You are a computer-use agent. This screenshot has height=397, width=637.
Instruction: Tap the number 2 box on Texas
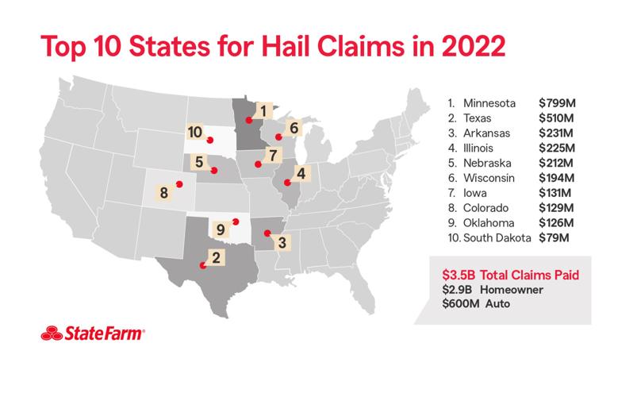(x=214, y=256)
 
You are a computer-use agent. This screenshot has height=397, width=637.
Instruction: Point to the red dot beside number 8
(x=179, y=184)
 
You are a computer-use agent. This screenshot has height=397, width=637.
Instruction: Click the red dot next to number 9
(x=235, y=222)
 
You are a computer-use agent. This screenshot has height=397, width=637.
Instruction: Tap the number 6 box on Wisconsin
(x=293, y=127)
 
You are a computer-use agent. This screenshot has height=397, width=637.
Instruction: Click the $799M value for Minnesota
(x=554, y=103)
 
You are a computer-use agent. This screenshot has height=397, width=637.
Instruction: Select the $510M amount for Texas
(x=554, y=118)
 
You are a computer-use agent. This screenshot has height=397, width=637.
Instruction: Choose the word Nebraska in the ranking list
(x=489, y=163)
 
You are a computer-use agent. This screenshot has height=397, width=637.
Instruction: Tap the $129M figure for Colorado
(x=554, y=207)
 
